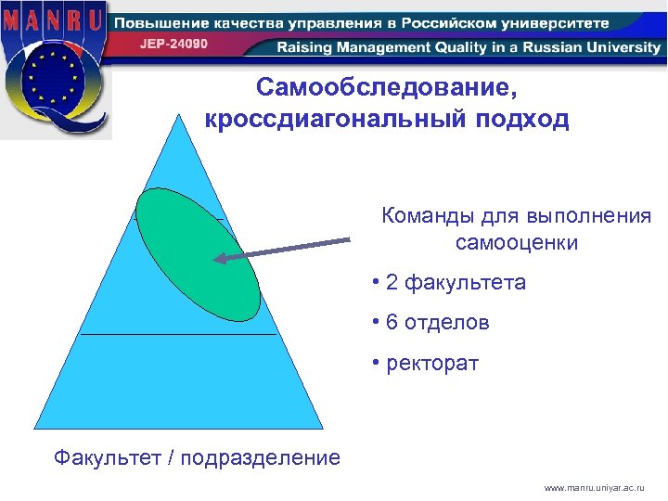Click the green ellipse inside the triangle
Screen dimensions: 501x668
pyautogui.click(x=198, y=252)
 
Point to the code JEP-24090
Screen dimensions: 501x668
pyautogui.click(x=174, y=44)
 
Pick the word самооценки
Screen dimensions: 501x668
pyautogui.click(x=517, y=244)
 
